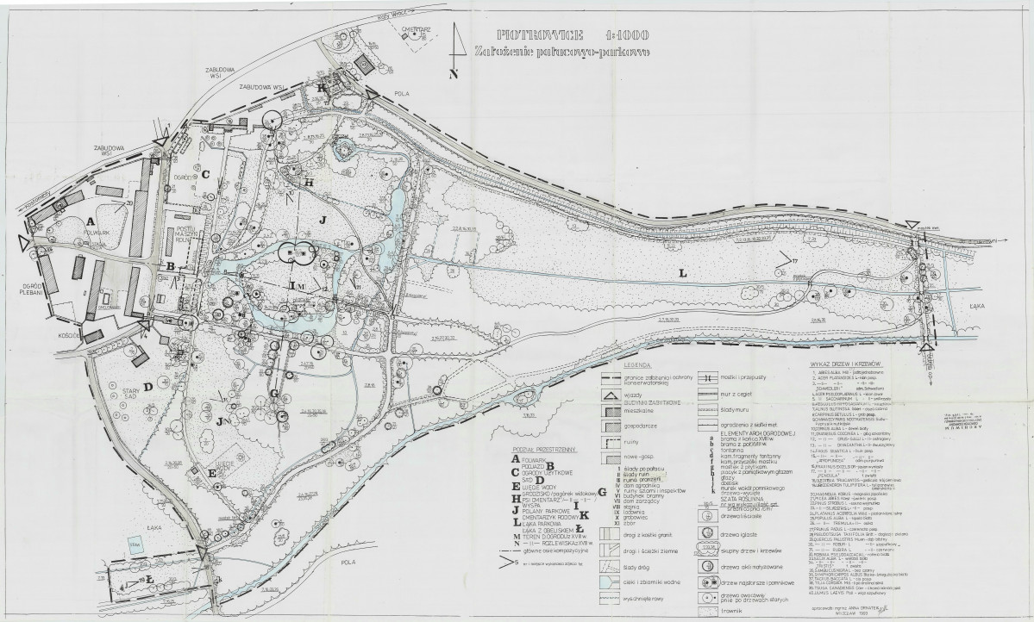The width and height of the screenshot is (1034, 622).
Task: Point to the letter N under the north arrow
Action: tap(454, 75)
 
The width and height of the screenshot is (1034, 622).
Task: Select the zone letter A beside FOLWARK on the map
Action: tap(90, 221)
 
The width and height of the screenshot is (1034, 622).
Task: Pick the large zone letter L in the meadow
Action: tap(681, 273)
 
